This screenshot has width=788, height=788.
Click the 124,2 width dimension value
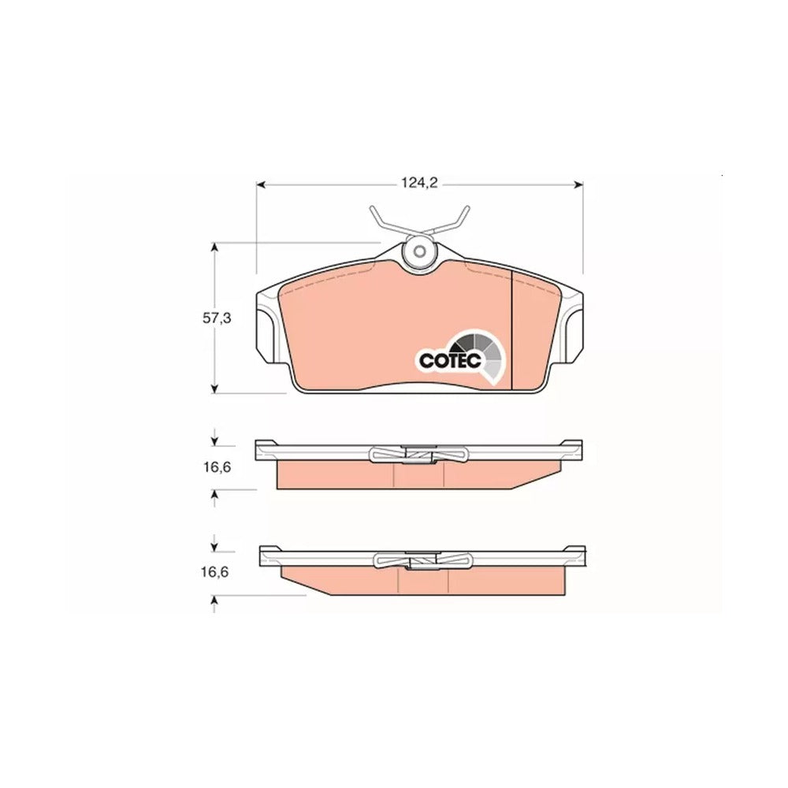pyautogui.click(x=419, y=184)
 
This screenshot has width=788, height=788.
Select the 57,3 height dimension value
pyautogui.click(x=216, y=318)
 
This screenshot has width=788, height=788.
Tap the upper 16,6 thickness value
pyautogui.click(x=217, y=466)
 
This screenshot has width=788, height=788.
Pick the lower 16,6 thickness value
pyautogui.click(x=214, y=572)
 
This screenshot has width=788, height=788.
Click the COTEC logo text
pyautogui.click(x=450, y=360)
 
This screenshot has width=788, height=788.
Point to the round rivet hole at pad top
pyautogui.click(x=418, y=251)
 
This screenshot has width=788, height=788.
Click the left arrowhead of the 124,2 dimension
pyautogui.click(x=260, y=185)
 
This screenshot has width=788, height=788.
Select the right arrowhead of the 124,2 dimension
pyautogui.click(x=578, y=185)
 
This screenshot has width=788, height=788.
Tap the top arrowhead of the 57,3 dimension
pyautogui.click(x=214, y=247)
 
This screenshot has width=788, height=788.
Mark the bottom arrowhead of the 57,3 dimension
pyautogui.click(x=214, y=388)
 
